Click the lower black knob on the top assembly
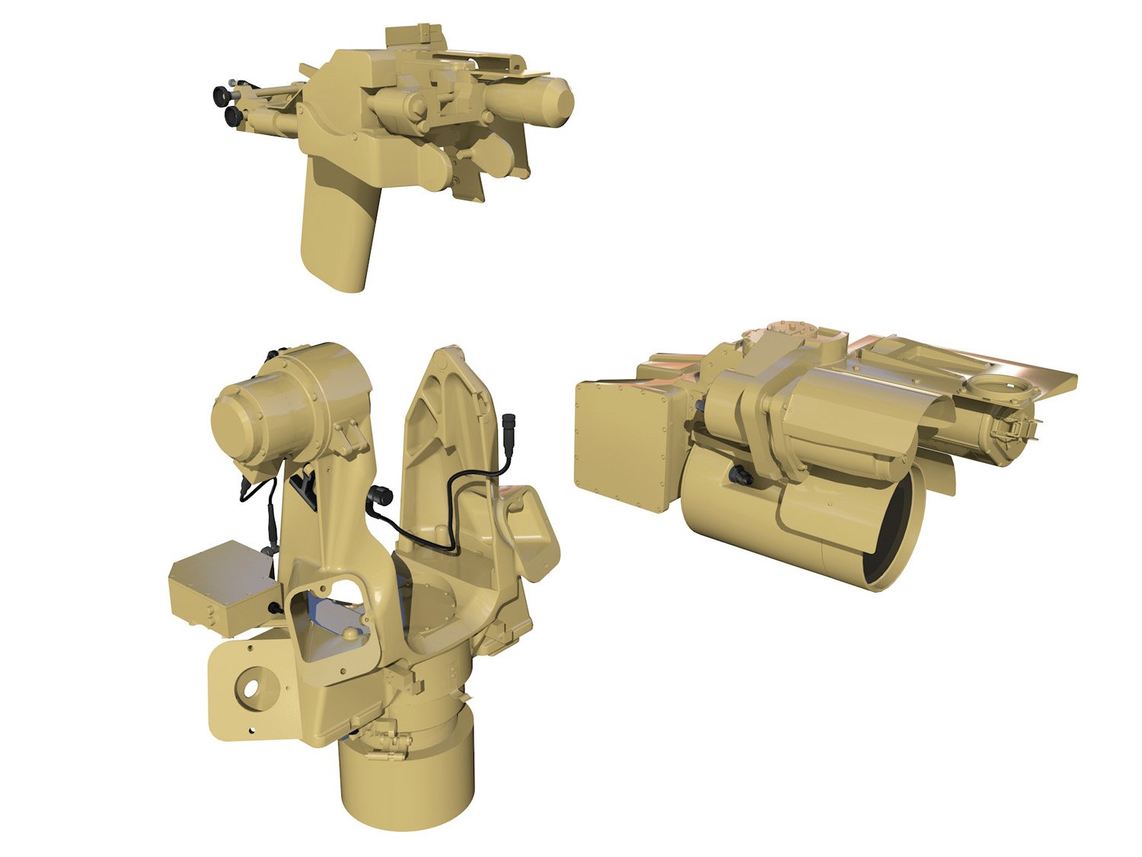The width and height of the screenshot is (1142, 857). coord(233,117)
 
